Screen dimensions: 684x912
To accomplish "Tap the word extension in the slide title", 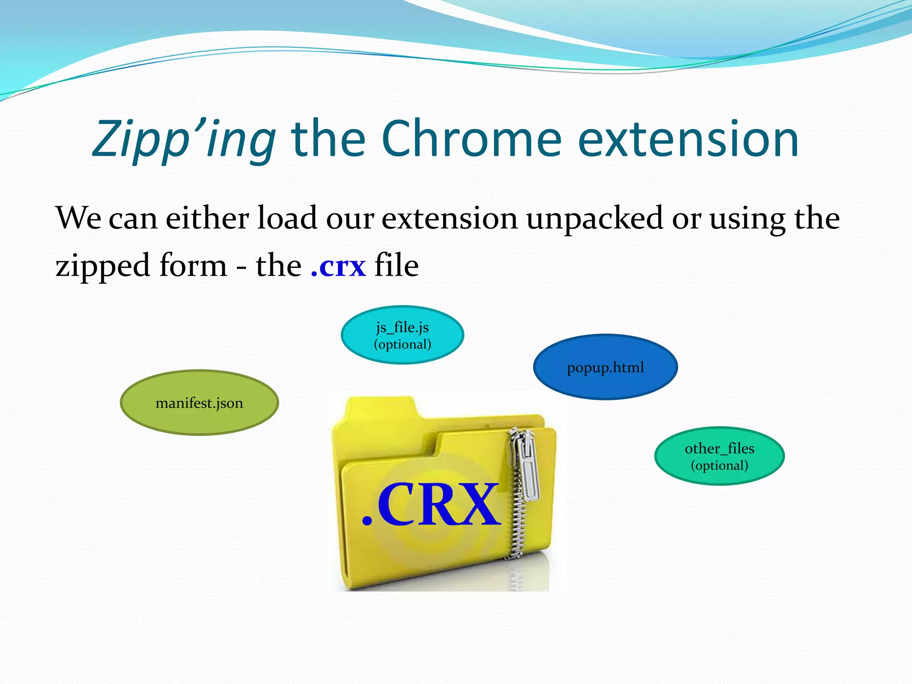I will point(688,139).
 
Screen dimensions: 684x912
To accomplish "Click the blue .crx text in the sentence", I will point(338,266).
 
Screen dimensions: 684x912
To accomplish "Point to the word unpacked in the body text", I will point(594,219).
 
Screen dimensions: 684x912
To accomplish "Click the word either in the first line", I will point(207,218).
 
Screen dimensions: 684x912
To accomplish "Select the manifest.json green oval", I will point(199,403).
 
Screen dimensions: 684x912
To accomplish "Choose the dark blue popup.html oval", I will point(605,367).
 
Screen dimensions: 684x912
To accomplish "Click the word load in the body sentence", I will point(287,218).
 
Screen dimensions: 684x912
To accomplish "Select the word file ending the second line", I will point(396,265).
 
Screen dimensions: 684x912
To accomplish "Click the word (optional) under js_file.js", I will point(402,344).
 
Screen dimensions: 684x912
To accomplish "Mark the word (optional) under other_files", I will point(719,465).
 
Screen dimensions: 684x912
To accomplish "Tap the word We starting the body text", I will point(78,218).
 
